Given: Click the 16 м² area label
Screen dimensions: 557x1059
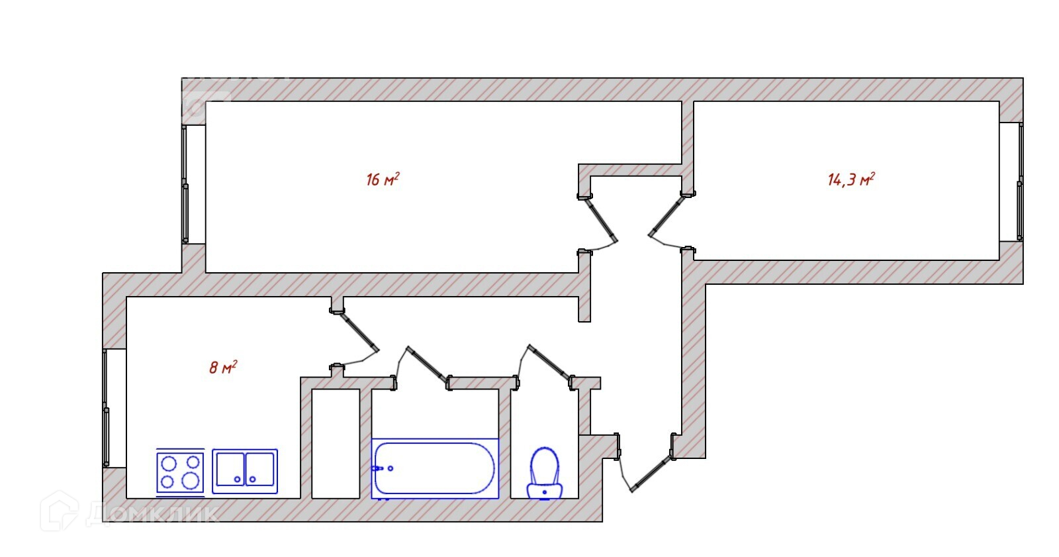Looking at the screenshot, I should click(382, 179).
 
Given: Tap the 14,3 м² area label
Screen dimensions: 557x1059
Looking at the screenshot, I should click(851, 179).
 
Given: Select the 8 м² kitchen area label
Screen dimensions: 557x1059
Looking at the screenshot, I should click(223, 367).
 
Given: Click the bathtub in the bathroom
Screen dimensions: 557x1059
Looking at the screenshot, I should click(434, 468).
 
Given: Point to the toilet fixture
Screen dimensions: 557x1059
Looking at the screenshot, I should click(544, 472).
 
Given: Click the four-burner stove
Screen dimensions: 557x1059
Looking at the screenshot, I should click(180, 472).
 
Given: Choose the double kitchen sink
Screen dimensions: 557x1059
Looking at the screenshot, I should click(245, 470).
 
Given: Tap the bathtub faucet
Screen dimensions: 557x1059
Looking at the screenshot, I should click(380, 468).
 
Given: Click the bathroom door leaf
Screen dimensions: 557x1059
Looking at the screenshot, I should click(428, 364).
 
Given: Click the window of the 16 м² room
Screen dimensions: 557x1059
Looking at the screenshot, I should click(185, 183).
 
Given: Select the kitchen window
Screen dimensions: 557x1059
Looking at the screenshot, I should click(105, 407).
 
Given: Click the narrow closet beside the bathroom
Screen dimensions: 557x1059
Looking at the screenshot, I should click(336, 442).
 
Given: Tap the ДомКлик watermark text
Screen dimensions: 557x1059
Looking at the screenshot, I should click(152, 513).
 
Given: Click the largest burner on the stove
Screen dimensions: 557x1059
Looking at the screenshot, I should click(191, 481).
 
